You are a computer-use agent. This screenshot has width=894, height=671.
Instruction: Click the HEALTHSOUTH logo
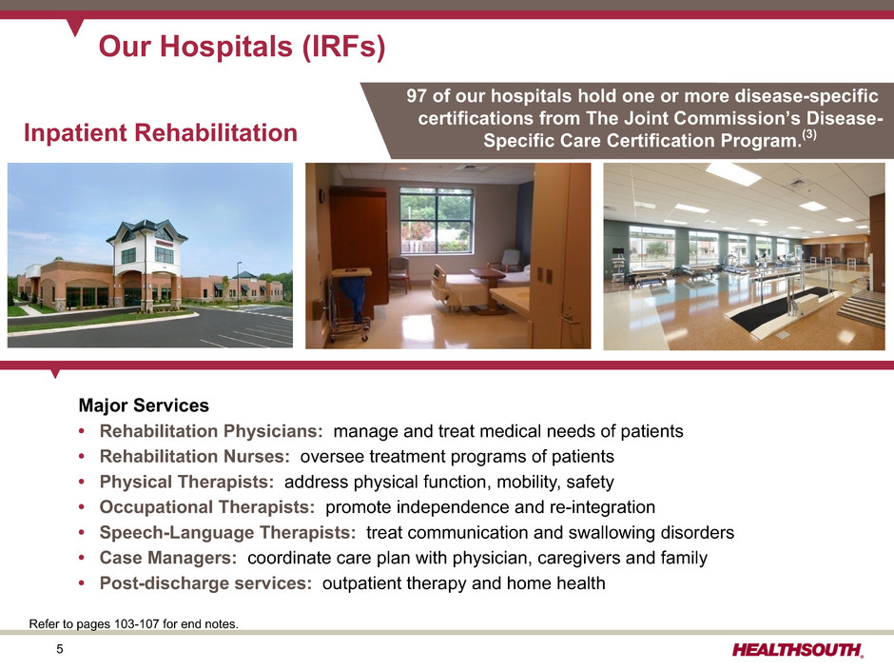[x=798, y=650]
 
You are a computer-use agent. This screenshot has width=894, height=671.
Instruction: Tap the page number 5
[x=60, y=649]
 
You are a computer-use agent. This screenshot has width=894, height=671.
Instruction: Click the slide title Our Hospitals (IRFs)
[x=242, y=47]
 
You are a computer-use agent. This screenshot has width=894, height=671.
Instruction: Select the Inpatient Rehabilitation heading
[x=161, y=132]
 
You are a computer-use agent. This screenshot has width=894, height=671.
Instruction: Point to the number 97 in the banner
[x=417, y=95]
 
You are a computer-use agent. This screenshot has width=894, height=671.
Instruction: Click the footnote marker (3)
[x=809, y=135]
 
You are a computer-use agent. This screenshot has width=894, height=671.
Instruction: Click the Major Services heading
[x=144, y=405]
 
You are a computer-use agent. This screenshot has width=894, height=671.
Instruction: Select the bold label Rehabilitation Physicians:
[x=211, y=431]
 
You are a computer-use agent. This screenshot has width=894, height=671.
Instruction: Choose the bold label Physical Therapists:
[x=187, y=482]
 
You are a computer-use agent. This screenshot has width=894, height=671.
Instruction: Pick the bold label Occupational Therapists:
[x=207, y=506]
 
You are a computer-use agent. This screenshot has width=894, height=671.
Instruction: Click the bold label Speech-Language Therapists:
[x=228, y=532]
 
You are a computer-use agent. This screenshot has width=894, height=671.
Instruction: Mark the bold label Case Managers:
[x=168, y=558]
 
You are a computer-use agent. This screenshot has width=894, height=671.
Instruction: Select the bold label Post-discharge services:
[x=205, y=583]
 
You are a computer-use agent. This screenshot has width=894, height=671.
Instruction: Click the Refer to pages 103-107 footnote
[x=134, y=624]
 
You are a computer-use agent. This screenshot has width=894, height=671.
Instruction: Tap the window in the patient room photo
[x=437, y=220]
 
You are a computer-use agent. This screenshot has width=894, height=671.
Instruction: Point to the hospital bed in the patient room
[x=462, y=288]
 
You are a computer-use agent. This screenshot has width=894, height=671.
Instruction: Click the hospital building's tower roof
[x=146, y=229]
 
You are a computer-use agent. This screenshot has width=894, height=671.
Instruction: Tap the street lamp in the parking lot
[x=239, y=284]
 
